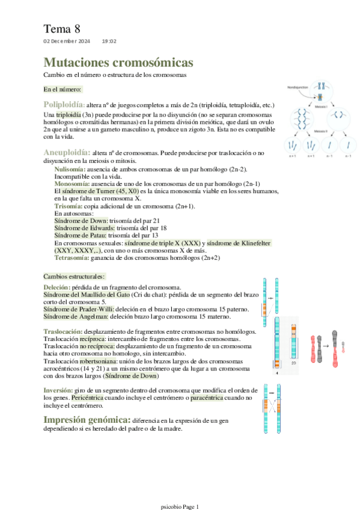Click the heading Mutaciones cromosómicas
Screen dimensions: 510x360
click(118, 63)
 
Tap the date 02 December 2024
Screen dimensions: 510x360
click(66, 41)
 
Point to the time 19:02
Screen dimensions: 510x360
click(109, 41)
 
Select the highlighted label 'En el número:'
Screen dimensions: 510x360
click(62, 89)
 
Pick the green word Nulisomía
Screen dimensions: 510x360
click(70, 170)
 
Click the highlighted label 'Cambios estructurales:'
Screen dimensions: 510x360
click(74, 276)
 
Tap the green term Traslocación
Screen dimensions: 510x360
click(64, 332)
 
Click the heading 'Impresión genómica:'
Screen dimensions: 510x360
click(87, 419)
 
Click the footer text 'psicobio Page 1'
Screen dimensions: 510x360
click(180, 507)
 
